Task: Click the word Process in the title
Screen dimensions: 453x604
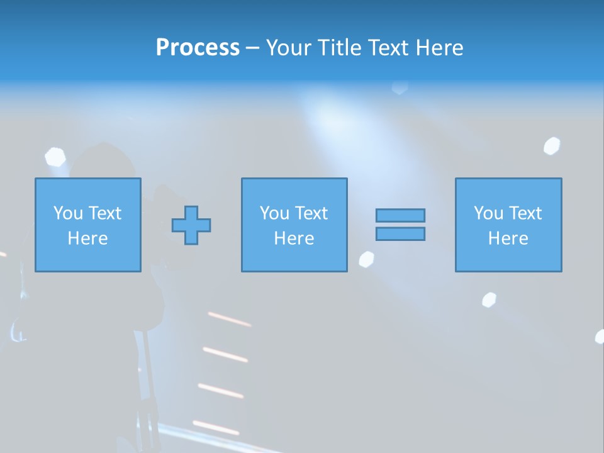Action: (x=198, y=48)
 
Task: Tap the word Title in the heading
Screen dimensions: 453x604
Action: (x=339, y=48)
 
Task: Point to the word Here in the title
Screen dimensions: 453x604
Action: (x=439, y=48)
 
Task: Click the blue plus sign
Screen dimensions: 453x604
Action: (x=191, y=225)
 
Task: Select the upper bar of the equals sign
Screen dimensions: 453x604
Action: (x=400, y=215)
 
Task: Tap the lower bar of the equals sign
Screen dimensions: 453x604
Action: (x=400, y=233)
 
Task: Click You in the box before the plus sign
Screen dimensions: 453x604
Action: (x=67, y=213)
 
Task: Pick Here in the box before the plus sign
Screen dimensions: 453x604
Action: (x=88, y=238)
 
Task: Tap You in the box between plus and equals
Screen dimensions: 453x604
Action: (x=274, y=213)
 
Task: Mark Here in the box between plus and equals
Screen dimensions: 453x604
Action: (x=294, y=238)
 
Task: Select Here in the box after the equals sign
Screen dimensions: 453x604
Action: (x=508, y=238)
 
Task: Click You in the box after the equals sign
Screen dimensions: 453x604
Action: (x=488, y=213)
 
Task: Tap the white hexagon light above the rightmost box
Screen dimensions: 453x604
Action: (x=552, y=146)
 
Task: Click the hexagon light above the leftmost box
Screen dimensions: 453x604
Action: (x=55, y=157)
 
